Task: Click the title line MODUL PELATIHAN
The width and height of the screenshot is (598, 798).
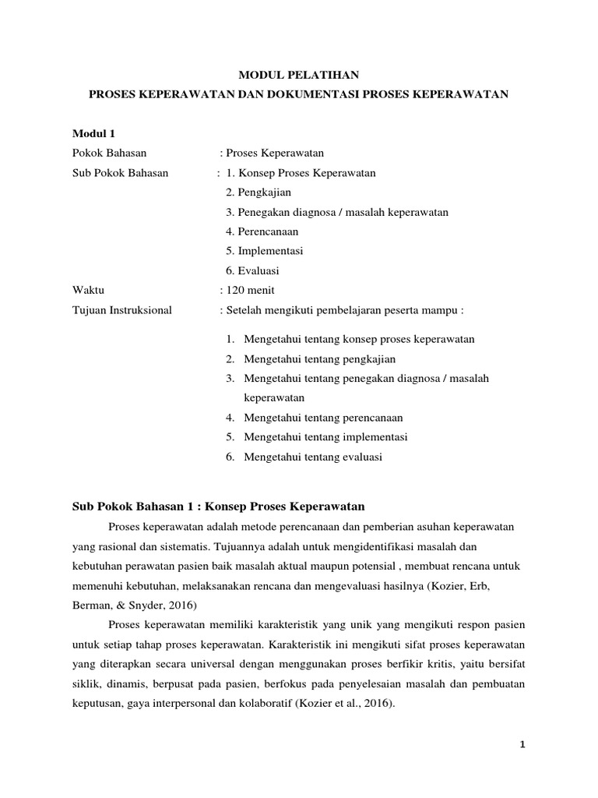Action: pyautogui.click(x=298, y=75)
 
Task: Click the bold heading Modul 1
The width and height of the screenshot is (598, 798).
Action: pyautogui.click(x=93, y=133)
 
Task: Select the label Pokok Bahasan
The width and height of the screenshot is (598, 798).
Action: pyautogui.click(x=109, y=153)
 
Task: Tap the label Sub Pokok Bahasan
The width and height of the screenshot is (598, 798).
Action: pyautogui.click(x=120, y=173)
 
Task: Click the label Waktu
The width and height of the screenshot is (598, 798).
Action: pyautogui.click(x=88, y=291)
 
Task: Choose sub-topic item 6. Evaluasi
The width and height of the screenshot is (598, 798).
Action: pyautogui.click(x=252, y=271)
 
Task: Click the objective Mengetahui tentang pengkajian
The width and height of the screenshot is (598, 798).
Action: pyautogui.click(x=320, y=359)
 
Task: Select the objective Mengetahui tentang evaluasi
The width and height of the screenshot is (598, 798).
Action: pyautogui.click(x=313, y=457)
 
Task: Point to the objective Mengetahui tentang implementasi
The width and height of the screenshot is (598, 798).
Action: pyautogui.click(x=325, y=437)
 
